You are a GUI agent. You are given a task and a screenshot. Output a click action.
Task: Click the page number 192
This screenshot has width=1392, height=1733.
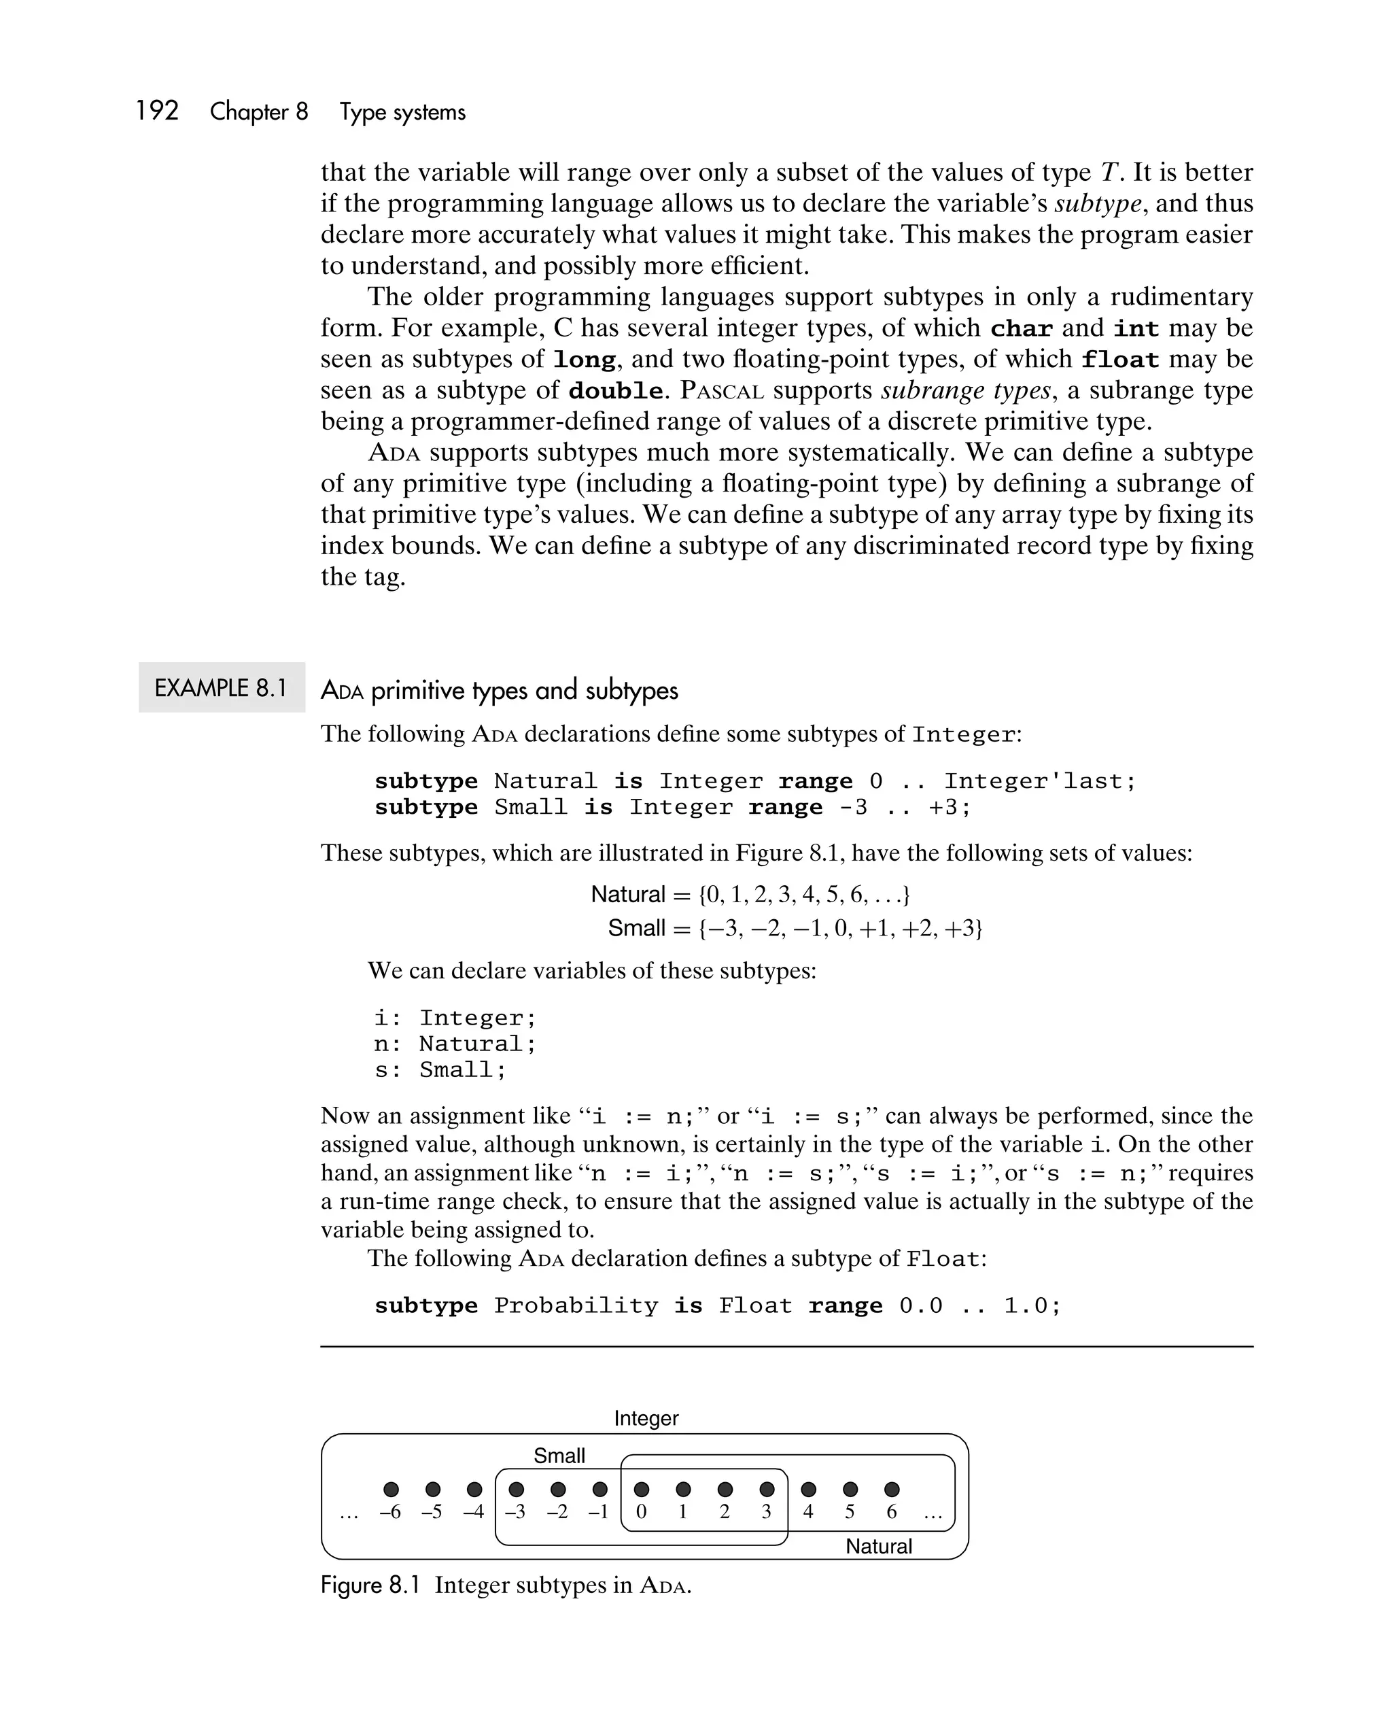coord(157,111)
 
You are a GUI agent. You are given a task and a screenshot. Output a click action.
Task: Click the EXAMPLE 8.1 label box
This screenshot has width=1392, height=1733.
coord(221,687)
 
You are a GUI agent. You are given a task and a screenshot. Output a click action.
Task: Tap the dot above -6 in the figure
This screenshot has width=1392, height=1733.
coord(391,1490)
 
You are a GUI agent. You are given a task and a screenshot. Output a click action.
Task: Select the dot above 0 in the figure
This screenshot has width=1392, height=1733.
coord(642,1490)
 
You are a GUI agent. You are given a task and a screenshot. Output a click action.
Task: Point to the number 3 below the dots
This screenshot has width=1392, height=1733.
coord(766,1512)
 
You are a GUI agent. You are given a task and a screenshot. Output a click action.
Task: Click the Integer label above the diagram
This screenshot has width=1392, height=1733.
coord(646,1418)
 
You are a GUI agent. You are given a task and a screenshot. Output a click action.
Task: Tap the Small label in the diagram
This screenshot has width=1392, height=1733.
coord(559,1456)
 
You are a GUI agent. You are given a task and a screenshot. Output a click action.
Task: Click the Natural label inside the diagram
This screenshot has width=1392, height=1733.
coord(878,1546)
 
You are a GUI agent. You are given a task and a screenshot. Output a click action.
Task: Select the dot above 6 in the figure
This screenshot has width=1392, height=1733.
coord(891,1490)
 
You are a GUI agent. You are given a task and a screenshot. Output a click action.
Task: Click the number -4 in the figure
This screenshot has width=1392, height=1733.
coord(473,1512)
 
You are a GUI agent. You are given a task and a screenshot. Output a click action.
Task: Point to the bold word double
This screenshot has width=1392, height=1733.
coord(616,392)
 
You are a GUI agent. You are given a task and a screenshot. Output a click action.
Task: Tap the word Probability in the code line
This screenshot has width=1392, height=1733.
coord(576,1305)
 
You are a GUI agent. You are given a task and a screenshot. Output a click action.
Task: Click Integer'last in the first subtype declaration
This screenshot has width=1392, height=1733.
coord(1039,781)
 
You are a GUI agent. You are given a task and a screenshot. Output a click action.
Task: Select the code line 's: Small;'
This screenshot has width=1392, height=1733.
coord(440,1070)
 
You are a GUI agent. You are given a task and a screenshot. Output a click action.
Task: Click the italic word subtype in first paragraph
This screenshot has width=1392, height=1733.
coord(1097,203)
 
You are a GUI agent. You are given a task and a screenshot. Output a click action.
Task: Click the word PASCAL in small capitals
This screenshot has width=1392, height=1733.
coord(721,392)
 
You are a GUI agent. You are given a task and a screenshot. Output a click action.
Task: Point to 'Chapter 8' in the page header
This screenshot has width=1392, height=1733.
coord(259,111)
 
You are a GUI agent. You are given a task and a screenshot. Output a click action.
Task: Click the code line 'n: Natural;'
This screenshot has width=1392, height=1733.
coord(455,1044)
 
